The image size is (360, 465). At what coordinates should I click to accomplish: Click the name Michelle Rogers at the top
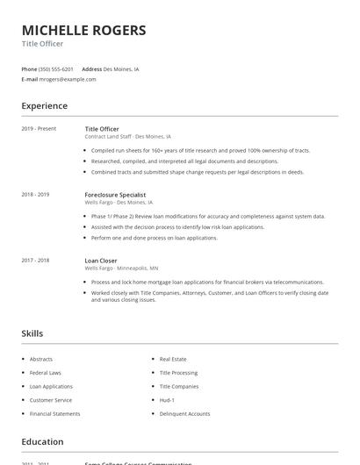pyautogui.click(x=83, y=31)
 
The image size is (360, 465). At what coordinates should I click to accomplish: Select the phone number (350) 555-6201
pyautogui.click(x=56, y=68)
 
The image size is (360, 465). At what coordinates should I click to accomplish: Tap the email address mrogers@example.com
pyautogui.click(x=68, y=79)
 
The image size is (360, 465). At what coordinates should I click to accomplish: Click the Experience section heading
pyautogui.click(x=44, y=106)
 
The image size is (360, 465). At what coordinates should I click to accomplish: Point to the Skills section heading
pyautogui.click(x=32, y=333)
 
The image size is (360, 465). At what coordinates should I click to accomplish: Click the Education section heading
pyautogui.click(x=42, y=442)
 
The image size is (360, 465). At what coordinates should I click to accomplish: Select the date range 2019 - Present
pyautogui.click(x=39, y=129)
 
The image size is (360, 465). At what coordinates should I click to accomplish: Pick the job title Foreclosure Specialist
pyautogui.click(x=115, y=195)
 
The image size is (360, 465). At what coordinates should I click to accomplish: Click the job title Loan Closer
pyautogui.click(x=101, y=261)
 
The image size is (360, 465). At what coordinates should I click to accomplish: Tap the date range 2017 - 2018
pyautogui.click(x=35, y=261)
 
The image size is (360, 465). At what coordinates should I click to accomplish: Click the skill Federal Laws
pyautogui.click(x=46, y=373)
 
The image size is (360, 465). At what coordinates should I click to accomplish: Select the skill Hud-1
pyautogui.click(x=167, y=400)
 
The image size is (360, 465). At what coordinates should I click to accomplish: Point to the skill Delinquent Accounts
pyautogui.click(x=184, y=413)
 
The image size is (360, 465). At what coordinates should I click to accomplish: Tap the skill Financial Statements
pyautogui.click(x=54, y=413)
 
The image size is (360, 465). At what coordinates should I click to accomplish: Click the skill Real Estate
pyautogui.click(x=173, y=359)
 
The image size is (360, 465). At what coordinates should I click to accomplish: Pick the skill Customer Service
pyautogui.click(x=50, y=400)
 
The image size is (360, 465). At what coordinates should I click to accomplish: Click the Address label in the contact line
pyautogui.click(x=91, y=68)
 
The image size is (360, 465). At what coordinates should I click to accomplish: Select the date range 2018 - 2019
pyautogui.click(x=35, y=195)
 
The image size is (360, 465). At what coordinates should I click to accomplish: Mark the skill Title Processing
pyautogui.click(x=178, y=373)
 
